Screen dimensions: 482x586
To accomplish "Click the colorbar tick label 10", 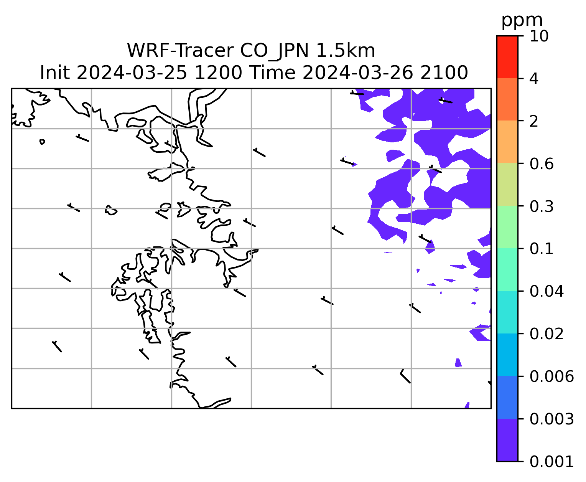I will pos(539,36).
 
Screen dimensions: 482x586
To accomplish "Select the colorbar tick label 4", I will pos(534,79).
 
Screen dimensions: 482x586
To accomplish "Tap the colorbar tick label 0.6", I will pos(542,164).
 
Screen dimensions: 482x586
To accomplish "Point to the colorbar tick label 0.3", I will pos(542,206).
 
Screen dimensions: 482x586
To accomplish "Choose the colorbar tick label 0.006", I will pos(551,376).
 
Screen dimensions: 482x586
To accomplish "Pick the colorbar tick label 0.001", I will pos(551,461).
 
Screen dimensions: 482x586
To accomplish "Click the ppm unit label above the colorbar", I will pos(522,20).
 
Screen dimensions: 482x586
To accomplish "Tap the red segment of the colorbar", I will pos(507,57).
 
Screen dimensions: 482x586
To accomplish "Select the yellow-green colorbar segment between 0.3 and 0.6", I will pos(507,185).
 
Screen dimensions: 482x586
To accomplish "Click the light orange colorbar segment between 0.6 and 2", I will pos(507,142).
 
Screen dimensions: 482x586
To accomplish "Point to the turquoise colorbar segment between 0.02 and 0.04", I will pos(507,312).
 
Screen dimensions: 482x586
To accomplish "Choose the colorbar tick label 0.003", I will pos(551,419).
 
